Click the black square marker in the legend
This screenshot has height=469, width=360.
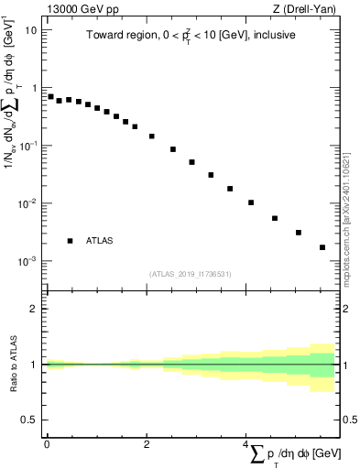pyautogui.click(x=70, y=241)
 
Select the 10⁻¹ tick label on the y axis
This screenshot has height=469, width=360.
pyautogui.click(x=28, y=146)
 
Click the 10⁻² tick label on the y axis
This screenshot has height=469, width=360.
pyautogui.click(x=28, y=203)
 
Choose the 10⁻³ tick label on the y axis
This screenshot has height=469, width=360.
pyautogui.click(x=28, y=261)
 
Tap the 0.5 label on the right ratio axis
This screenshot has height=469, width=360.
pyautogui.click(x=349, y=420)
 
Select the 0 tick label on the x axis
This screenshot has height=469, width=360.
pyautogui.click(x=47, y=443)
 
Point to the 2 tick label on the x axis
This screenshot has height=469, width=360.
pyautogui.click(x=147, y=443)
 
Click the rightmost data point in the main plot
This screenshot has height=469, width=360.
pyautogui.click(x=322, y=247)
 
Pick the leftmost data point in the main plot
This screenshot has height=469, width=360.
pyautogui.click(x=50, y=96)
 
